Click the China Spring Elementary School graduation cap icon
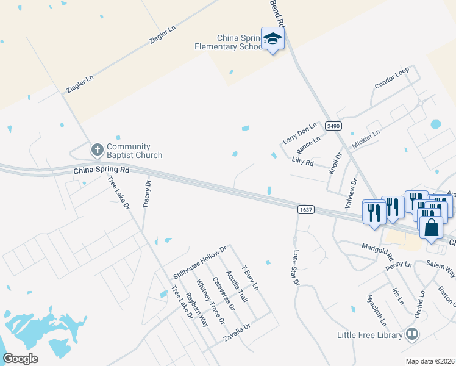(x=273, y=39)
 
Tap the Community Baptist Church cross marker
(x=97, y=149)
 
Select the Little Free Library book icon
(x=412, y=334)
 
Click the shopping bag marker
(x=431, y=227)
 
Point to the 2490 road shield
(x=332, y=126)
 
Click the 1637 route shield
(x=306, y=209)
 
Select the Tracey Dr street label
(x=146, y=194)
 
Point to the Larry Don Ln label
(x=300, y=134)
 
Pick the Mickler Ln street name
(x=366, y=140)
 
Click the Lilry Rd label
(x=302, y=163)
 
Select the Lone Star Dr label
(x=296, y=267)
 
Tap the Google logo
(x=20, y=359)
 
